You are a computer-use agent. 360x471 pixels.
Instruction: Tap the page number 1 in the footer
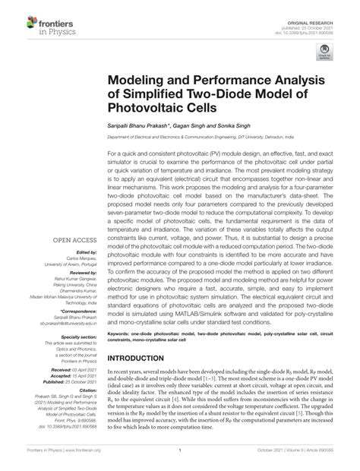[x=179, y=460]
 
